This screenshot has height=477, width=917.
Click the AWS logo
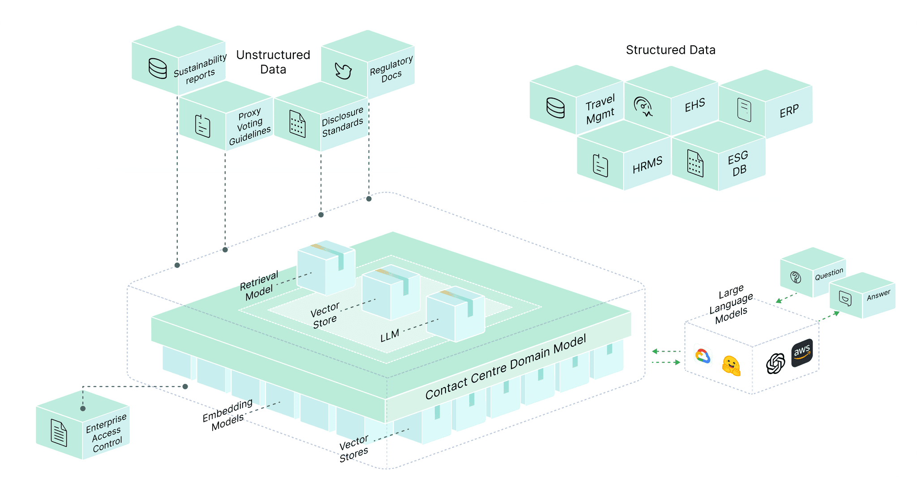[x=802, y=353]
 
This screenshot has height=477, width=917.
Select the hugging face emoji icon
[x=731, y=365]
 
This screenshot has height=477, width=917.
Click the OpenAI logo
[x=776, y=363]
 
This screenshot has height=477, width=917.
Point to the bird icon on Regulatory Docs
[x=343, y=71]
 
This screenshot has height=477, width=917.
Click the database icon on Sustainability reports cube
[x=158, y=69]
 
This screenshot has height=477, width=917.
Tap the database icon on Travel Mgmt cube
[x=556, y=108]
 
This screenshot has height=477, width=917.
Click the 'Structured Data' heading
[x=670, y=50]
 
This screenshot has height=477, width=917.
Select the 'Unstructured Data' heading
[x=273, y=62]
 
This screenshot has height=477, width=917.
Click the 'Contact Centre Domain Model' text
[x=506, y=367]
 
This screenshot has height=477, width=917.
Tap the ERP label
[x=789, y=111]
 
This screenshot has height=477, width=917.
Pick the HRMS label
[x=647, y=165]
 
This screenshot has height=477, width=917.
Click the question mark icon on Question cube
[x=796, y=277]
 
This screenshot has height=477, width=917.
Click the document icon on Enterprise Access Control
[x=59, y=433]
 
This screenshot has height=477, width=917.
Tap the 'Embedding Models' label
[x=228, y=415]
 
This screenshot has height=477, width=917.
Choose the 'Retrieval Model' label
[x=259, y=285]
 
